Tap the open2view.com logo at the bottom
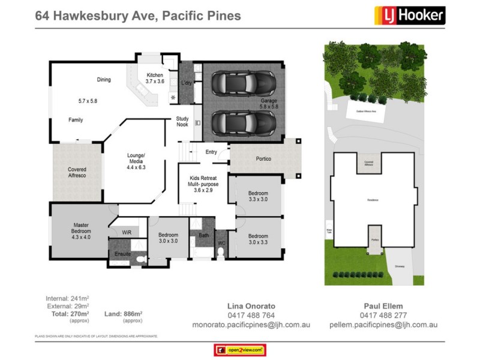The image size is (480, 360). tap(239, 350)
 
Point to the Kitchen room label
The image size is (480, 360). tap(150, 78)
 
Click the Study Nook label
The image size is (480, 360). tap(182, 122)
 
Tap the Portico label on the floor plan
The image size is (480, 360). tap(263, 159)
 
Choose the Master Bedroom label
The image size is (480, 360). tap(81, 228)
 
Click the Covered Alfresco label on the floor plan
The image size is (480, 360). tap(77, 173)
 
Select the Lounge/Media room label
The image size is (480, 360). tap(136, 161)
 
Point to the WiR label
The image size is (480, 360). tap(127, 232)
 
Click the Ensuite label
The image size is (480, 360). tap(123, 254)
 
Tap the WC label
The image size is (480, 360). tap(221, 244)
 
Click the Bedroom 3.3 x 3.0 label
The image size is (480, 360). tap(258, 196)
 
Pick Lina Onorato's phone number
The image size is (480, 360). tap(251, 315)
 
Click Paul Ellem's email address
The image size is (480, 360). tap(383, 325)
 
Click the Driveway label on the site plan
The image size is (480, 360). tap(399, 267)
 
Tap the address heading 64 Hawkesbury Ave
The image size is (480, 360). tap(138, 16)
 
